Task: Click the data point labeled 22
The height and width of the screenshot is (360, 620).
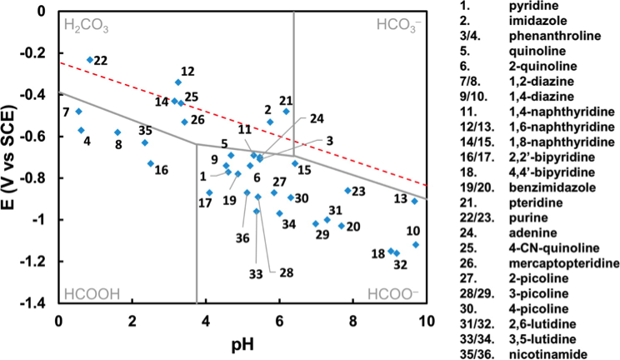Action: coord(90,60)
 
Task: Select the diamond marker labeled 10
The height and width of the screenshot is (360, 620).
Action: coord(416,245)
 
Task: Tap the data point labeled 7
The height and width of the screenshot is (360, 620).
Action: coord(78,112)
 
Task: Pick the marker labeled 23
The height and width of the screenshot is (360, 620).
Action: coord(347,191)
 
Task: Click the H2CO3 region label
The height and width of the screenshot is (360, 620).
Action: coord(85,25)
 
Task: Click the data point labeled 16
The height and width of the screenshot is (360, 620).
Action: coord(151,163)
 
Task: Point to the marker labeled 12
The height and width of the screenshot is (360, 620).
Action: coord(178,82)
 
